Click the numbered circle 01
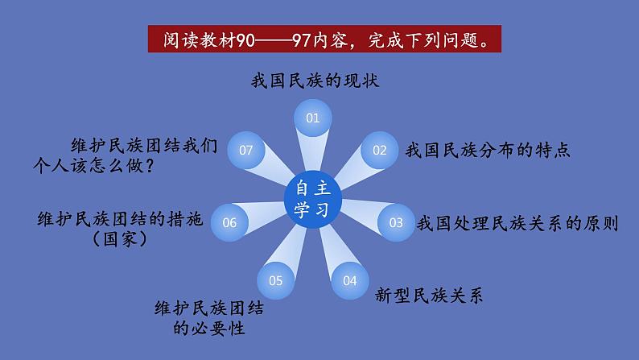(312, 118)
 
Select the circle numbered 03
(395, 222)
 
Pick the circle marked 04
(348, 280)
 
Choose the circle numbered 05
(276, 280)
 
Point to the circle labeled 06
(229, 222)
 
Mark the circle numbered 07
(246, 149)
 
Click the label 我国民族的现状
(314, 81)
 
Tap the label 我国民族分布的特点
(488, 150)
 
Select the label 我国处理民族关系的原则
(517, 223)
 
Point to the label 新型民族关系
(429, 295)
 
